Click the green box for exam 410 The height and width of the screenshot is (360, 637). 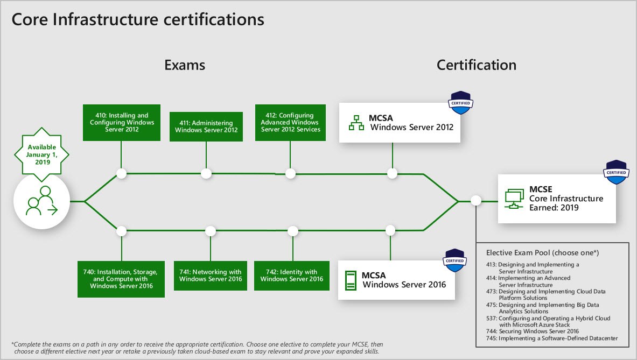click(122, 123)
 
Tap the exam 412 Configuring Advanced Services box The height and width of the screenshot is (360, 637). click(290, 123)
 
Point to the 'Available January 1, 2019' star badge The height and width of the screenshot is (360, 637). click(41, 152)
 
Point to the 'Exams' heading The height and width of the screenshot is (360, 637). click(185, 65)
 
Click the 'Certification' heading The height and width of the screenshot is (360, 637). click(476, 65)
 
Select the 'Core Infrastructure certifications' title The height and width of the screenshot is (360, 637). click(138, 20)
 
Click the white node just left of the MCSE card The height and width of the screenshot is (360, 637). click(476, 201)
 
